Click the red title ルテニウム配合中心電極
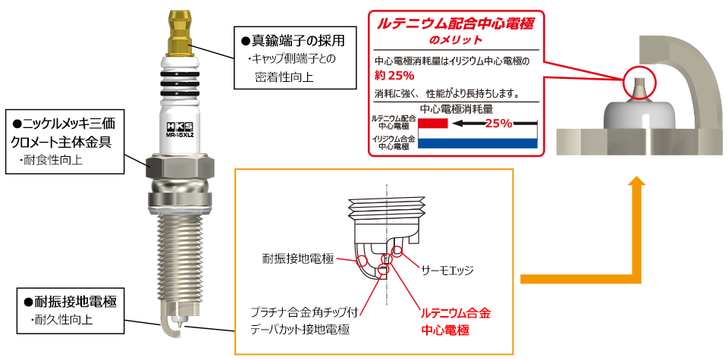pyautogui.click(x=455, y=23)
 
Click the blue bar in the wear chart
pyautogui.click(x=478, y=142)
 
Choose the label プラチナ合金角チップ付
pyautogui.click(x=305, y=311)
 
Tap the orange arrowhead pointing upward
pyautogui.click(x=639, y=184)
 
